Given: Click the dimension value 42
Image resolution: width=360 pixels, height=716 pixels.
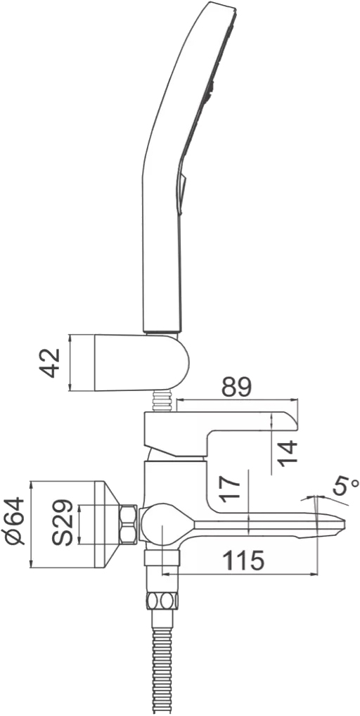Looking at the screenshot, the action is pos(49,363).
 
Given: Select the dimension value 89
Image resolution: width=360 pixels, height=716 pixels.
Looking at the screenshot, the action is pos(237,388).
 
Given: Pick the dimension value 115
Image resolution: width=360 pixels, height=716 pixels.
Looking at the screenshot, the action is pos(243,561).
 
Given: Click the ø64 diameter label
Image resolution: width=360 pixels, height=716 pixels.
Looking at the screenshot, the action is pos(16,520).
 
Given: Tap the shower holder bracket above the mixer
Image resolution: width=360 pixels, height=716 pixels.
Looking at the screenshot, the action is pos(141,362).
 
